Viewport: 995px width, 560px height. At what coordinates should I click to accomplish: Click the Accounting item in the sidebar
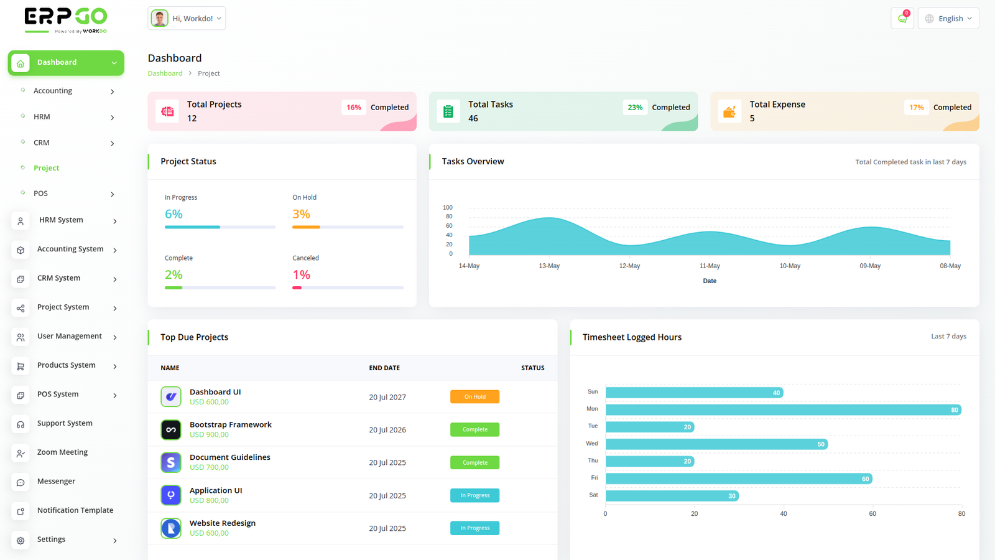pos(53,91)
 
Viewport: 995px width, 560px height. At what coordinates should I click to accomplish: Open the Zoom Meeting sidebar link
pos(62,452)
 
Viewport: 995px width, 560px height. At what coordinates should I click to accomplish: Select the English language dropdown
pos(948,19)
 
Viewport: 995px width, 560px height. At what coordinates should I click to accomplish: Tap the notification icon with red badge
pos(902,19)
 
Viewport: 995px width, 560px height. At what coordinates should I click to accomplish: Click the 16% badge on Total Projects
pos(354,108)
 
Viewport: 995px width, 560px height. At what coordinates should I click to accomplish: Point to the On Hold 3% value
pos(301,214)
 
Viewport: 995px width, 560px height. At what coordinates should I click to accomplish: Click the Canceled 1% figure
pos(301,275)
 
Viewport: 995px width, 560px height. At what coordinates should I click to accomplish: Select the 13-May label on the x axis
pos(549,266)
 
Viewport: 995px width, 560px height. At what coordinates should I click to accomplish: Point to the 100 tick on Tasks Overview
pos(448,208)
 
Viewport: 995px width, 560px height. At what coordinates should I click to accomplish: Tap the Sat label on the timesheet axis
pos(593,495)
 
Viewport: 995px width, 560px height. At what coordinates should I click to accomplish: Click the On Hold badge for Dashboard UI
pos(474,397)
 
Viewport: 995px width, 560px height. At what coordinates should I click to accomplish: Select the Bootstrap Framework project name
pos(231,425)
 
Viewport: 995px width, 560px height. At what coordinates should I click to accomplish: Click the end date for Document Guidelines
pos(387,463)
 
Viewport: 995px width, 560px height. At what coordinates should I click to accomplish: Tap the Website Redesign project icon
pos(171,528)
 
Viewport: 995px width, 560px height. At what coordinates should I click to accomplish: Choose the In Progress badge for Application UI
pos(474,496)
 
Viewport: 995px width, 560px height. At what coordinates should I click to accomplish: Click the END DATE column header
pos(384,368)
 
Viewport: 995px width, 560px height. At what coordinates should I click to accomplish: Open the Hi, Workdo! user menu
pos(187,19)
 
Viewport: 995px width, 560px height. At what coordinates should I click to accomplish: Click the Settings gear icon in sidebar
pos(21,541)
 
